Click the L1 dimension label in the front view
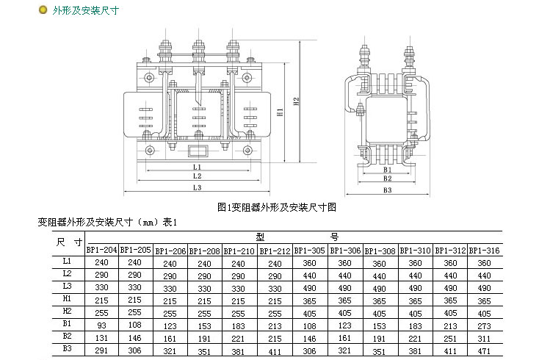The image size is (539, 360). [x=198, y=167]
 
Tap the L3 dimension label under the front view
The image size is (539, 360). [x=198, y=187]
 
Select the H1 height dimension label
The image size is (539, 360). [x=281, y=114]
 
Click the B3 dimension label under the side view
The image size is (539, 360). [x=388, y=191]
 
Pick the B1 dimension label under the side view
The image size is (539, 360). [x=387, y=170]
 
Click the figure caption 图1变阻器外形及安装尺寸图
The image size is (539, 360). [x=277, y=208]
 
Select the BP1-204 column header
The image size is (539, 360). [x=102, y=250]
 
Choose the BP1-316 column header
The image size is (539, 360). [x=484, y=251]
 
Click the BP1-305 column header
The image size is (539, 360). [x=309, y=251]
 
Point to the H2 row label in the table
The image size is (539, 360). [x=67, y=311]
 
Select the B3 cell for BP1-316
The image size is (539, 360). [x=484, y=351]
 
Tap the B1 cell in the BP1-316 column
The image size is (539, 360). [x=484, y=325]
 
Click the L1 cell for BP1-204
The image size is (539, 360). [x=102, y=262]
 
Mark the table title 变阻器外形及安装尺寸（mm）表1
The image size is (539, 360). [x=109, y=222]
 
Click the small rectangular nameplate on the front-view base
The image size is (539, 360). [x=198, y=153]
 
